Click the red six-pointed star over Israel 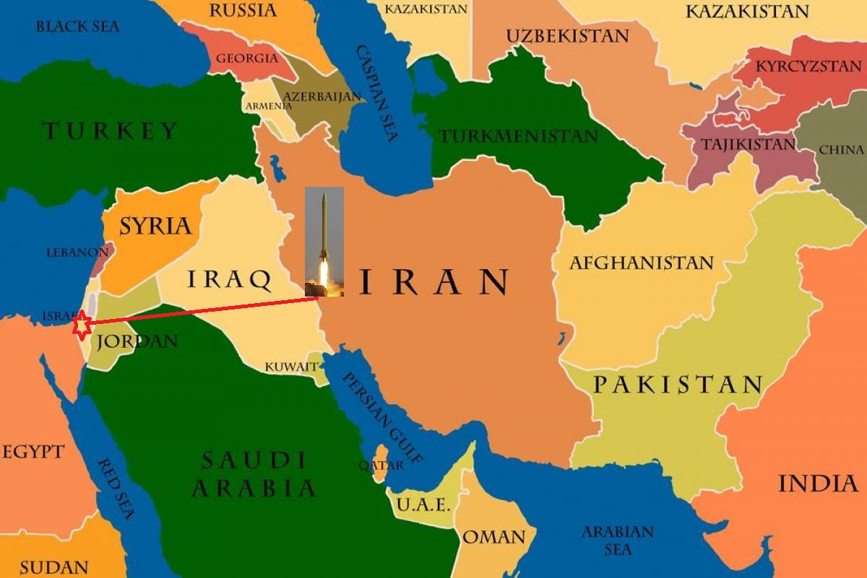tap(82, 325)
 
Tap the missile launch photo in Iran tap(324, 242)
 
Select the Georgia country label tap(247, 58)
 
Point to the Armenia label tap(269, 106)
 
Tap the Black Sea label tap(77, 27)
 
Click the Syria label tap(156, 226)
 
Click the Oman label tap(494, 538)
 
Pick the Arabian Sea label tap(617, 540)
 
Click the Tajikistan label tap(748, 144)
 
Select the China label tap(841, 150)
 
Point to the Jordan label tap(137, 341)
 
